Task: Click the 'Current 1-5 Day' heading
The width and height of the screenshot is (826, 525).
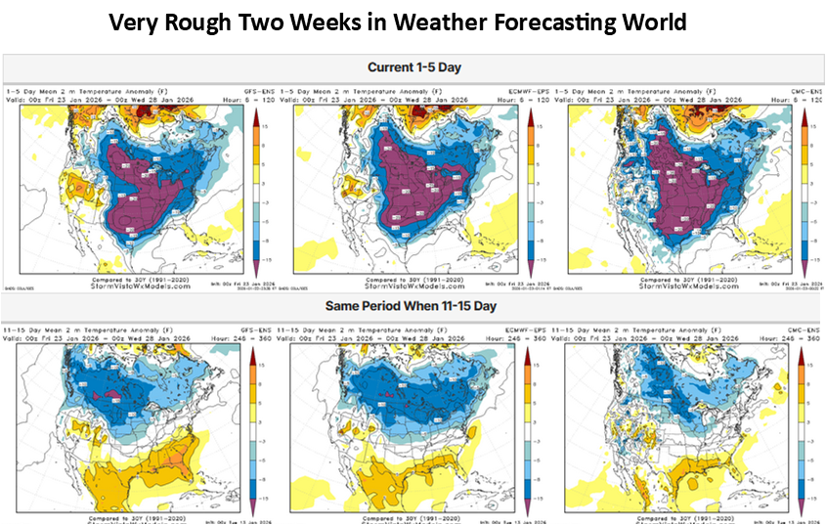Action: pos(413,67)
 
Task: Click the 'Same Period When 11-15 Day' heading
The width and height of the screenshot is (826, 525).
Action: pos(413,305)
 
